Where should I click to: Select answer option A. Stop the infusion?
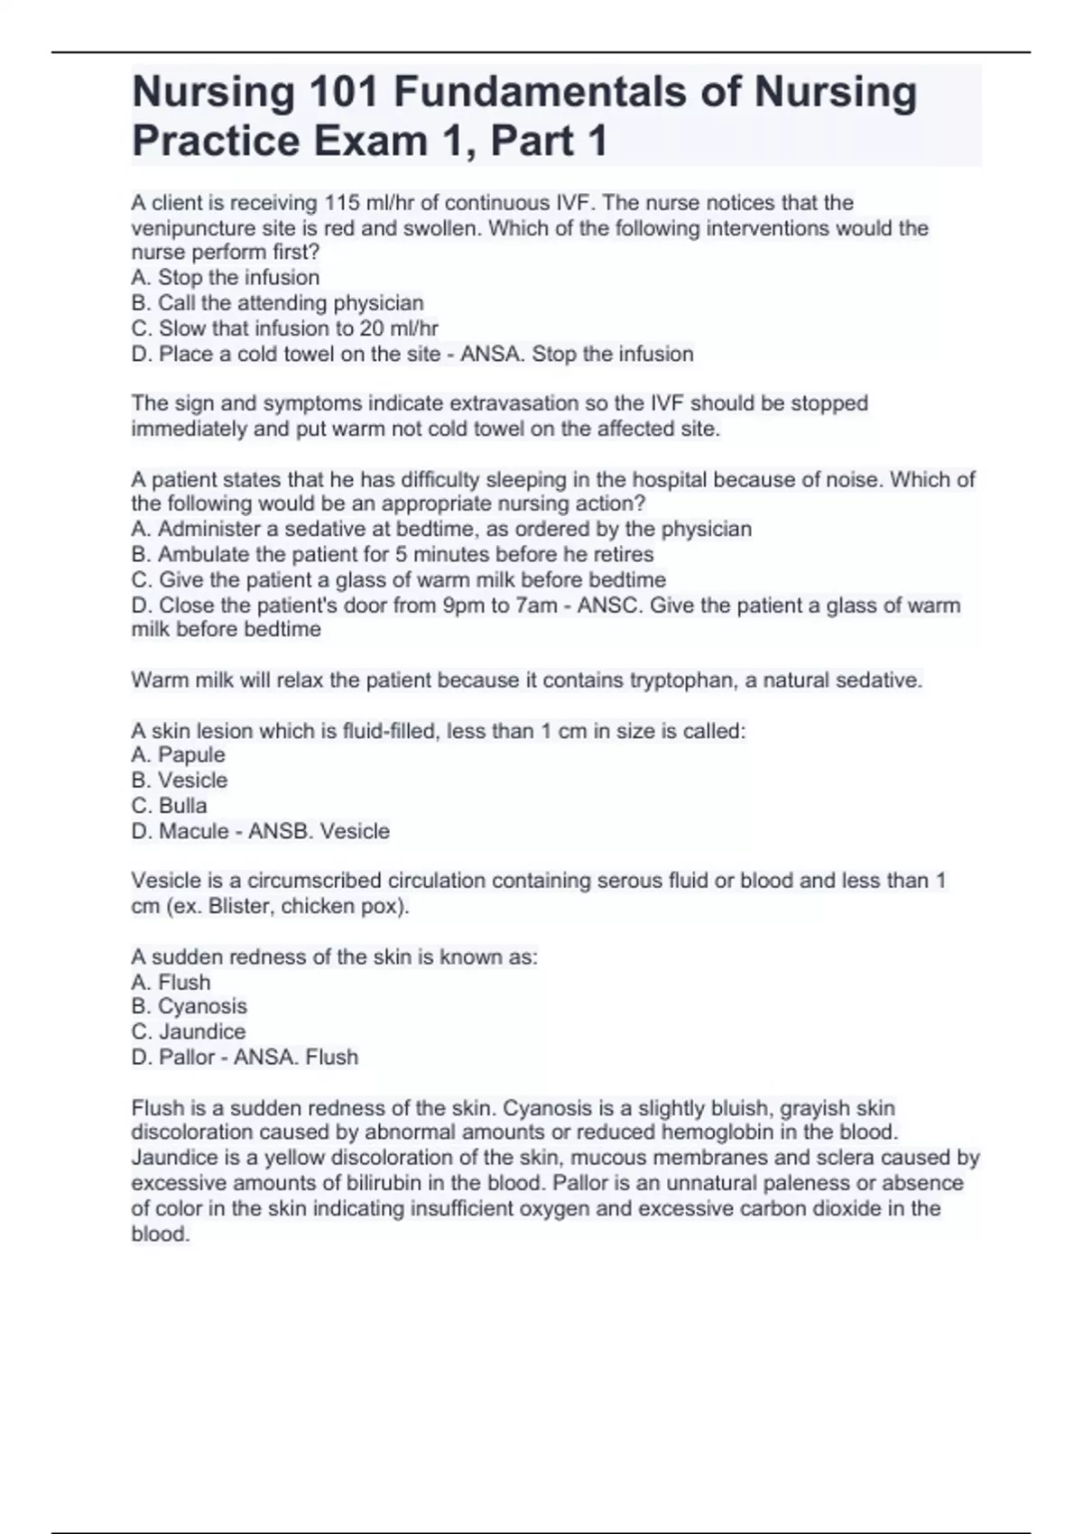click(x=225, y=278)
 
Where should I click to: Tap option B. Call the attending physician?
click(x=277, y=303)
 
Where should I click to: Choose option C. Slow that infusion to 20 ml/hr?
click(x=284, y=328)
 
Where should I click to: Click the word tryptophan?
click(x=682, y=680)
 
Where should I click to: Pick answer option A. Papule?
click(x=178, y=755)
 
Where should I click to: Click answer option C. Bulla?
click(x=169, y=806)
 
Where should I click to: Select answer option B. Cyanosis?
click(x=189, y=1006)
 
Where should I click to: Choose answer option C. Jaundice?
click(x=188, y=1031)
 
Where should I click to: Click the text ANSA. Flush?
click(x=296, y=1057)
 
